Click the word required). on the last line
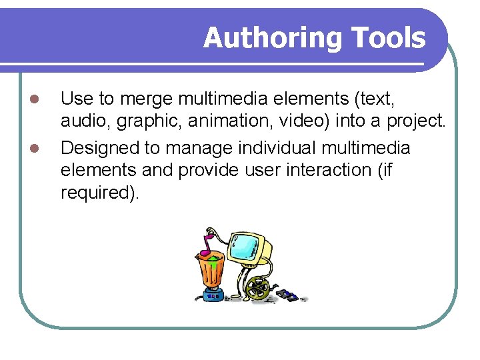pyautogui.click(x=100, y=194)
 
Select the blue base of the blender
pyautogui.click(x=213, y=293)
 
